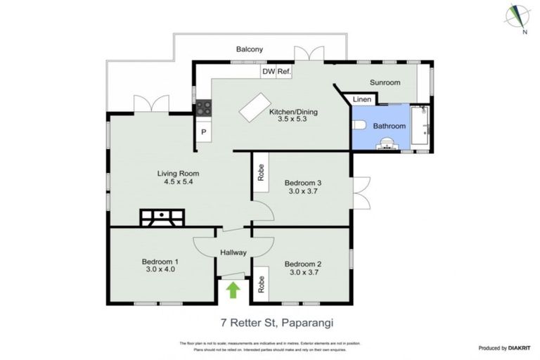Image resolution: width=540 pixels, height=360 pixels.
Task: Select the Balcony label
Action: click(x=250, y=49)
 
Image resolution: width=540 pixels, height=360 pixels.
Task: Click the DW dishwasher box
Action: click(x=269, y=72)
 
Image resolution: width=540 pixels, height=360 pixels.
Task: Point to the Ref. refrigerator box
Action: click(x=284, y=72)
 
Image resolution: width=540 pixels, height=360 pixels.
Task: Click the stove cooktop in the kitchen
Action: click(x=203, y=108)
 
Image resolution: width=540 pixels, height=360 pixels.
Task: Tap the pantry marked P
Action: click(x=204, y=132)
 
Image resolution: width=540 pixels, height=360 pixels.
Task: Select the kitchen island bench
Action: click(x=255, y=109)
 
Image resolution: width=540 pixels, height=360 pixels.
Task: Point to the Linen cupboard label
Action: click(x=361, y=100)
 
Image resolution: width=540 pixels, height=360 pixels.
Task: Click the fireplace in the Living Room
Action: click(x=162, y=218)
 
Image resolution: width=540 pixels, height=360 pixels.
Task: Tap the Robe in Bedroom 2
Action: click(x=260, y=284)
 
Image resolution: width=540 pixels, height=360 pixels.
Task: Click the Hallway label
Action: click(x=232, y=252)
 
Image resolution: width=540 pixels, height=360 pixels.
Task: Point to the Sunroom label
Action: click(x=385, y=82)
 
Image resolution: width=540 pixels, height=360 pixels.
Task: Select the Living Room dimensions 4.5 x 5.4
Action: click(x=178, y=181)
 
